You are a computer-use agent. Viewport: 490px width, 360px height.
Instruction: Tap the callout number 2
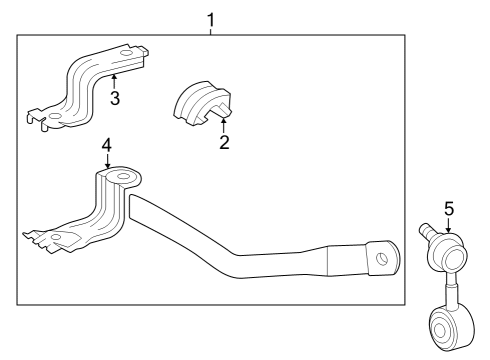[x=224, y=142]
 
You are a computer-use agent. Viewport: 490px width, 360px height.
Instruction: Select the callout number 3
[x=115, y=98]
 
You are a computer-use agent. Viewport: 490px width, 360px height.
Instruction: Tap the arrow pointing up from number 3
[x=115, y=79]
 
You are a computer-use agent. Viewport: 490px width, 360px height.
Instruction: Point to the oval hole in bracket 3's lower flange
[x=55, y=118]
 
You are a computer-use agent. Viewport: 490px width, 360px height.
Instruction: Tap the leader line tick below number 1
[x=210, y=31]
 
